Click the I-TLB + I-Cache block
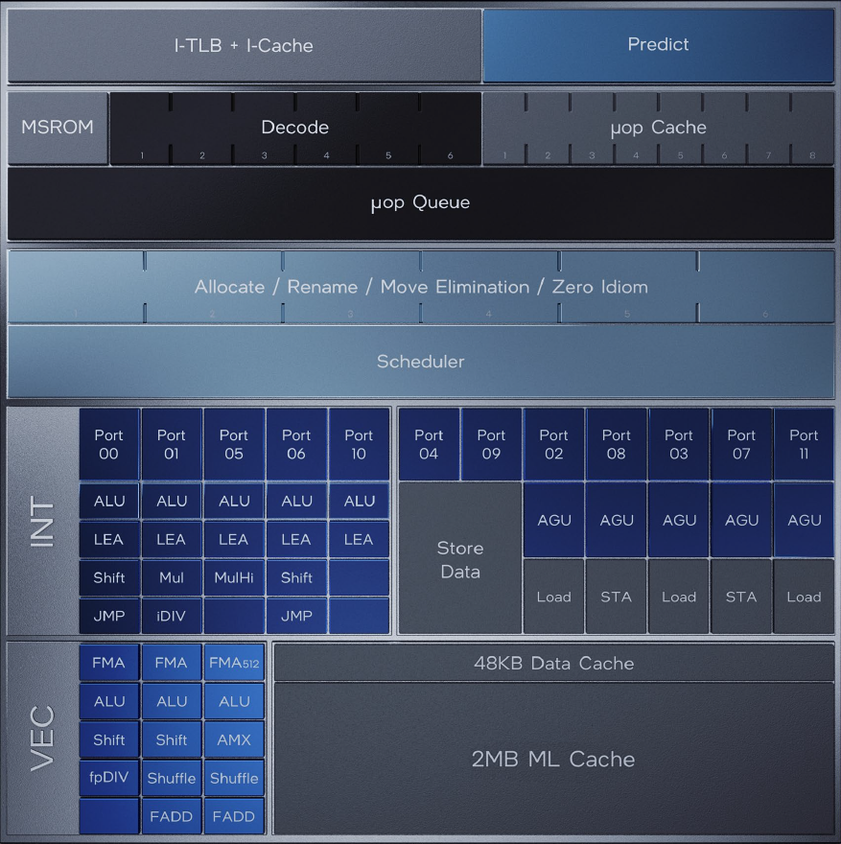(x=244, y=45)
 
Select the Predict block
(x=658, y=45)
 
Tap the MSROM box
(x=58, y=128)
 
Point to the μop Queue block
(x=420, y=203)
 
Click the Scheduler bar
(x=420, y=362)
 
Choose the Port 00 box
(x=108, y=444)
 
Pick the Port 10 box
(x=359, y=444)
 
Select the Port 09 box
(x=491, y=444)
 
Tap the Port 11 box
(x=804, y=444)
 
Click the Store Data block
(x=459, y=560)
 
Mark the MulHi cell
(x=234, y=577)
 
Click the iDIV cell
(x=172, y=616)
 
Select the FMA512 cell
(x=234, y=663)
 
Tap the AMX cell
(x=234, y=739)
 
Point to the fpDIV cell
(x=108, y=778)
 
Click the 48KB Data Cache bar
(x=553, y=663)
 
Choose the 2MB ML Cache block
(x=553, y=759)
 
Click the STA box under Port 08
(x=616, y=597)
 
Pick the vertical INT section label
(x=43, y=521)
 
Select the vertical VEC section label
(x=43, y=738)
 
